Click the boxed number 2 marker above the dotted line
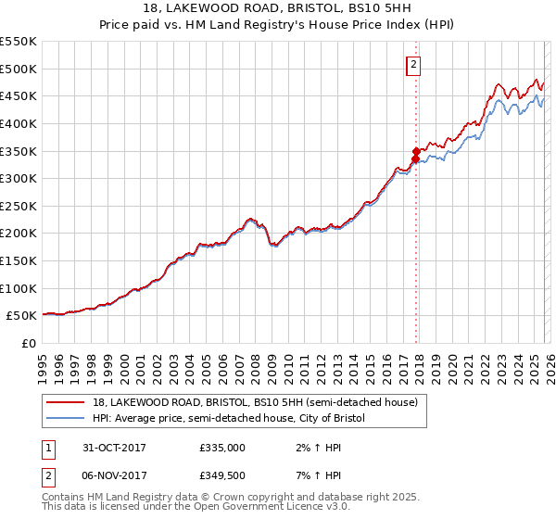click(413, 65)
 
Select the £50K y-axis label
click(22, 316)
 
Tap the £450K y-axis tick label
click(19, 95)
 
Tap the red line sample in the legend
click(66, 403)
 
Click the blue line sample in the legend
click(66, 419)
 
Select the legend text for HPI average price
click(229, 419)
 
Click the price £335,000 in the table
click(222, 448)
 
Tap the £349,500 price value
click(222, 477)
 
